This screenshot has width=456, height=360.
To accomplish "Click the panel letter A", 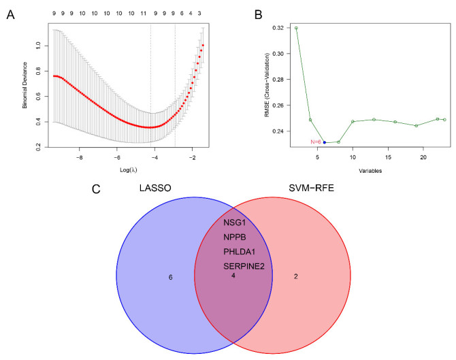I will (x=10, y=14).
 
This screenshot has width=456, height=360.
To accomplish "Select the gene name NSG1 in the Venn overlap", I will (x=234, y=223).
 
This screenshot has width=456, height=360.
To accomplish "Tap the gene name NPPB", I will (x=234, y=237).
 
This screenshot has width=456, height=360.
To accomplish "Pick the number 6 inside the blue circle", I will (x=169, y=277).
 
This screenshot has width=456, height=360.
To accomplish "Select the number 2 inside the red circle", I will (x=295, y=277).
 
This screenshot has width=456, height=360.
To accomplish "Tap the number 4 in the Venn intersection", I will (x=233, y=277).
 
